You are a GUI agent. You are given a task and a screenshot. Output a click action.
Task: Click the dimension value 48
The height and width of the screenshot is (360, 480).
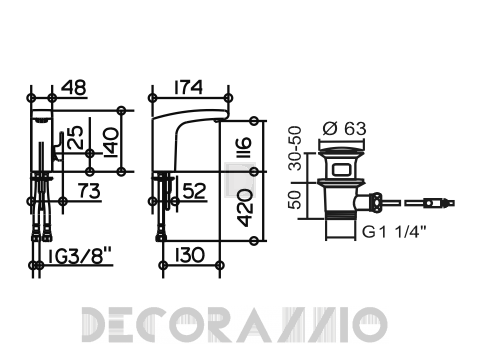74,87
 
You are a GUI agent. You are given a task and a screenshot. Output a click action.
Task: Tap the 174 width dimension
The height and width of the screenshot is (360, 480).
188,87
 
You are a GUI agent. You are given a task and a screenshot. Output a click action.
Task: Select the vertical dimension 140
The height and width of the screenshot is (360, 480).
111,143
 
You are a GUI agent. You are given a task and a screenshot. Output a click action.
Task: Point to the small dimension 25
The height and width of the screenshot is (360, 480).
75,137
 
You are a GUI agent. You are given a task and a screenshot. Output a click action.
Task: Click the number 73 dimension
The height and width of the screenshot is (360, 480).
89,191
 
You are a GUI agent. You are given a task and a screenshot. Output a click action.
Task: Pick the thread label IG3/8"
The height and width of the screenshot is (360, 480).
79,256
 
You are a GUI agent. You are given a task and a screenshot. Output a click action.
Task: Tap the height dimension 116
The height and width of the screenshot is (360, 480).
245,147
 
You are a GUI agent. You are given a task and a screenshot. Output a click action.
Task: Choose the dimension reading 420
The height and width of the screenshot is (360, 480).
246,208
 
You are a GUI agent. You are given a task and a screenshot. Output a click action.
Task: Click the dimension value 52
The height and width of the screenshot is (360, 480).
195,191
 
